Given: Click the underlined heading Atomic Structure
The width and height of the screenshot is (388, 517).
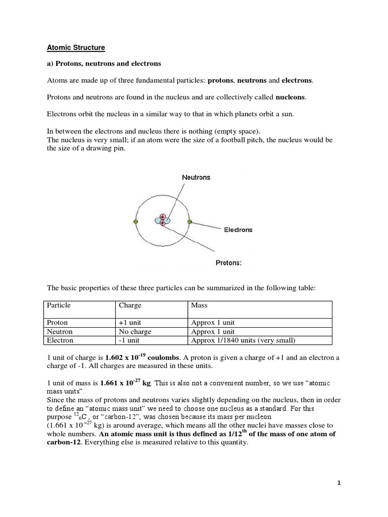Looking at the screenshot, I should (76, 48).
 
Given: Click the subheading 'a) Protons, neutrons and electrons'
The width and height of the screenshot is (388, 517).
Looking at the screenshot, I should (104, 64).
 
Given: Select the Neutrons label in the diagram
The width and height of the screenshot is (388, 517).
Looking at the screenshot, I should (196, 178).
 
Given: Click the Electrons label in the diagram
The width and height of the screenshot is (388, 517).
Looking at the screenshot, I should (238, 230).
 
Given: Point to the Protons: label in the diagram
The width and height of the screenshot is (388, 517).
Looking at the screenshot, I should (229, 263).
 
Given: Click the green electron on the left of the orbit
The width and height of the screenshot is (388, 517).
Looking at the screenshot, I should (135, 221).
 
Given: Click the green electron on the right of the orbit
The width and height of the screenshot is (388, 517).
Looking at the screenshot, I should (189, 221).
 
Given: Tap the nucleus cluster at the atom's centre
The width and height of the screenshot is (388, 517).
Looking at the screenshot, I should (163, 220).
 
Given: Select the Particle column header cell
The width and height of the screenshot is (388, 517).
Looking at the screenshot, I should (59, 305).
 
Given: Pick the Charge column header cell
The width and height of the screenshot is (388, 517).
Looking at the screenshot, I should (130, 305).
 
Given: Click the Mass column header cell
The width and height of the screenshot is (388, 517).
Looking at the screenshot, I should (200, 305).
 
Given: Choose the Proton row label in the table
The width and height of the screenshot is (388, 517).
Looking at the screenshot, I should (57, 323).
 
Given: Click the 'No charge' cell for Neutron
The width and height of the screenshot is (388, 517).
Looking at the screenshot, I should (135, 332).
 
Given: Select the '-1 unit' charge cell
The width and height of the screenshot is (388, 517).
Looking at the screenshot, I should (129, 340).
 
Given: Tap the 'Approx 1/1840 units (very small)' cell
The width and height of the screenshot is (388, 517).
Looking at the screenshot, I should (243, 340).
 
